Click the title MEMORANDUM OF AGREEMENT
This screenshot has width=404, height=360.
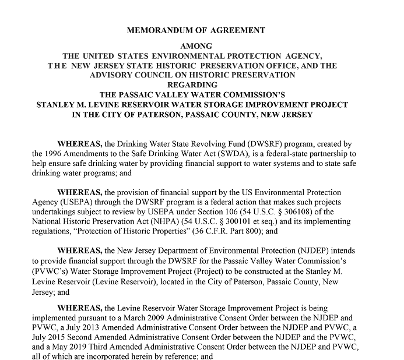(196, 30)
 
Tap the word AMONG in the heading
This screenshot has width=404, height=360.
(196, 45)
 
